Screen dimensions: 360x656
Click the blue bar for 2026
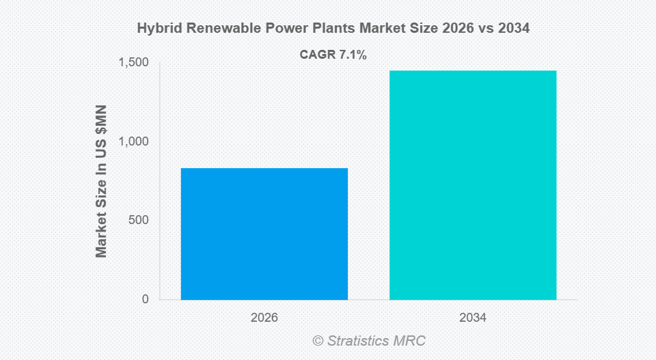pos(264,234)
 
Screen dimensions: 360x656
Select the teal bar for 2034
pos(473,184)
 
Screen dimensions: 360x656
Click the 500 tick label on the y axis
pos(139,220)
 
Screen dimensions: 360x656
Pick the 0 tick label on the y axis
pos(145,299)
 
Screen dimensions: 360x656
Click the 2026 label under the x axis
pos(264,318)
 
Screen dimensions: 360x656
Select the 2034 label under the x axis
pos(473,318)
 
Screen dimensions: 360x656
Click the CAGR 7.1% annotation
pos(333,55)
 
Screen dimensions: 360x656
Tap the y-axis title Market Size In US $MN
pos(101,181)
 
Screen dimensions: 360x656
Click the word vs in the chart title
pos(476,29)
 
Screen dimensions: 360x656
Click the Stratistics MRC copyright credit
pos(369,340)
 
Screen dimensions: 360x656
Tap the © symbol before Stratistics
pos(317,340)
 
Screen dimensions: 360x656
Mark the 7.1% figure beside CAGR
pos(353,55)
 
